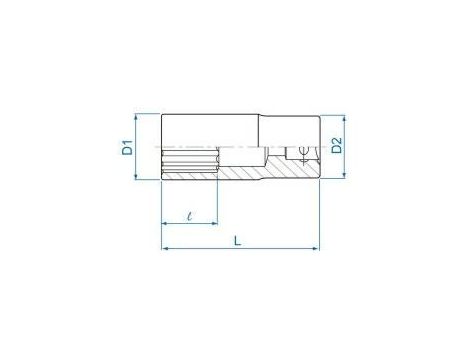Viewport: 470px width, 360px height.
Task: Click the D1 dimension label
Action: (127, 148)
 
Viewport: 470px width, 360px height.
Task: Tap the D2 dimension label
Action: (337, 145)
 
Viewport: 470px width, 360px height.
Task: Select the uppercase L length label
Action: (237, 241)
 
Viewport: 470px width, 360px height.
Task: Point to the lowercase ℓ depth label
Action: (190, 216)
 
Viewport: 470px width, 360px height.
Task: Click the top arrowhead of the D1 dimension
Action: (136, 117)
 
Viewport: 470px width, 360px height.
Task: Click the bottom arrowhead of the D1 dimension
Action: (136, 177)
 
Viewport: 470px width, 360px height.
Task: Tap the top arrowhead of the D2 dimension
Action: (344, 118)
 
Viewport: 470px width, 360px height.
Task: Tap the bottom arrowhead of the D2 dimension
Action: (344, 175)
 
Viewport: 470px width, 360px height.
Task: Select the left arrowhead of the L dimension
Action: (164, 248)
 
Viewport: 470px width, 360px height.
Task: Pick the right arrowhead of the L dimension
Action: (316, 248)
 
